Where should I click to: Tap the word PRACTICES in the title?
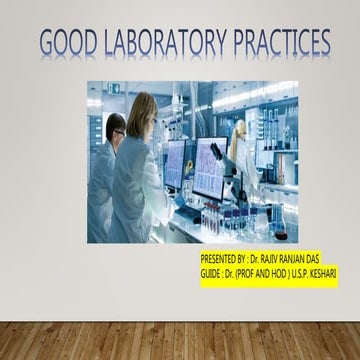pyautogui.click(x=282, y=43)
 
